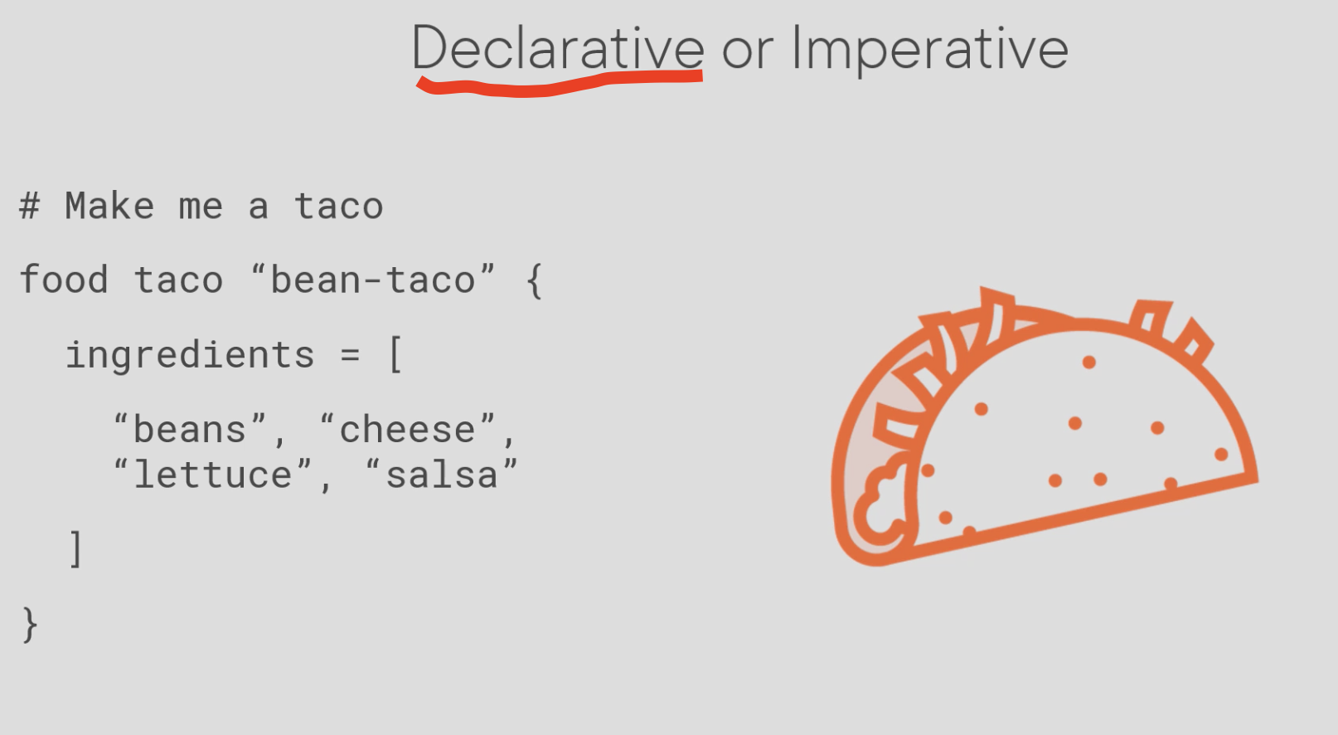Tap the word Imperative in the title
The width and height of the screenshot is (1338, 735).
930,51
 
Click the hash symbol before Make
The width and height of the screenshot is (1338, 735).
30,207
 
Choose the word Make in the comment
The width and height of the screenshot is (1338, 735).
109,206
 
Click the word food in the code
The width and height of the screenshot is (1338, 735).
64,279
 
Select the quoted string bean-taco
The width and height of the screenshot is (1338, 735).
373,278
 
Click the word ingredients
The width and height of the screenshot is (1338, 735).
190,355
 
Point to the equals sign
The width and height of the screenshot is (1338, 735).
350,354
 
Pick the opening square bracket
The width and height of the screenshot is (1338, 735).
395,354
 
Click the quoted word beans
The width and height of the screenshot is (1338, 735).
189,429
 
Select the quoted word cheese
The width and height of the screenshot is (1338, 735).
407,428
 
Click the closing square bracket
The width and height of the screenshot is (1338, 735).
75,548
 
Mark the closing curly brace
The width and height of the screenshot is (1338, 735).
30,625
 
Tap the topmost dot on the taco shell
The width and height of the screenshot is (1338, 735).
1089,363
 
